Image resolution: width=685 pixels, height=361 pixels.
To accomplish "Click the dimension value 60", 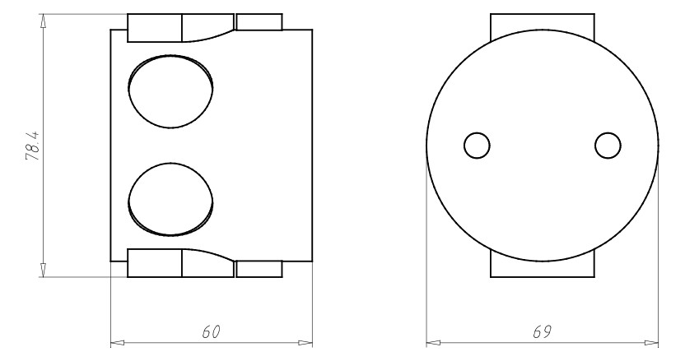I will pyautogui.click(x=212, y=331).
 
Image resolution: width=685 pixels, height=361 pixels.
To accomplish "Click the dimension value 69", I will pyautogui.click(x=541, y=331).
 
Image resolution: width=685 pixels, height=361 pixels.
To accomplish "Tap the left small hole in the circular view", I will pyautogui.click(x=477, y=146).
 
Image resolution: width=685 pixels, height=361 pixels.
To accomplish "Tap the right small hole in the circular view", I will pyautogui.click(x=608, y=146).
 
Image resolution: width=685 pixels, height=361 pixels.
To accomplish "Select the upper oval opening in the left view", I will pyautogui.click(x=171, y=92).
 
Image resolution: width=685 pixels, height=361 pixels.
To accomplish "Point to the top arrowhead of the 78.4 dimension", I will pyautogui.click(x=43, y=20).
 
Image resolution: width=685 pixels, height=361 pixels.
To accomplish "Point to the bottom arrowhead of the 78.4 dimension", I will pyautogui.click(x=43, y=271).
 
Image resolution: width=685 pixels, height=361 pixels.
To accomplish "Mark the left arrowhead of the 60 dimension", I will pyautogui.click(x=117, y=340).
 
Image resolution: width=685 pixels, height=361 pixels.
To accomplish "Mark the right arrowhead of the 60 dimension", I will pyautogui.click(x=306, y=340).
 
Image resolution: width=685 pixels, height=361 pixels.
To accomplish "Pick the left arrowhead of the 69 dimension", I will pyautogui.click(x=432, y=340).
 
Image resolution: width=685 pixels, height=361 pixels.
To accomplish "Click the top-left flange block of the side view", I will pyautogui.click(x=155, y=28).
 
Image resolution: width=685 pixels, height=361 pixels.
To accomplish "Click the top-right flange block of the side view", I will pyautogui.click(x=259, y=22).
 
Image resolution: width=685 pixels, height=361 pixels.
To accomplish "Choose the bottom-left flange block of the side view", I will pyautogui.click(x=155, y=263).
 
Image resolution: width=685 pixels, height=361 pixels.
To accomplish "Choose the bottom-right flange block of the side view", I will pyautogui.click(x=259, y=269).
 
